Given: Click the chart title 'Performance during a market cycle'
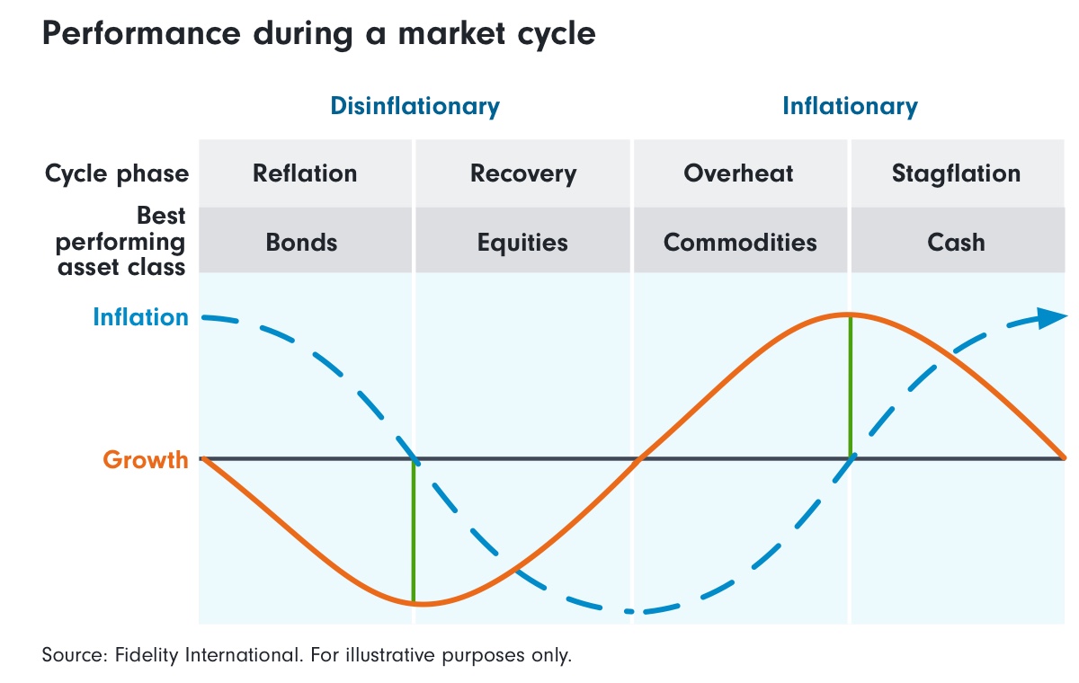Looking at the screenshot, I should click(x=318, y=34).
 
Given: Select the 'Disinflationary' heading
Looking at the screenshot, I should click(x=415, y=106).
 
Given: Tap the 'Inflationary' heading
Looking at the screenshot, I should click(x=850, y=106).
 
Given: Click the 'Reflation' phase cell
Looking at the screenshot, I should click(x=305, y=173).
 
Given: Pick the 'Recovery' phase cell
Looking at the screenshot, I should click(x=523, y=173).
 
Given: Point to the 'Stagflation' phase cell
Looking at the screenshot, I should click(x=956, y=173).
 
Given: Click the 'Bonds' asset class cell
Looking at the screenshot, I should click(x=301, y=242).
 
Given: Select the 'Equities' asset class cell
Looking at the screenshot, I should click(x=523, y=242).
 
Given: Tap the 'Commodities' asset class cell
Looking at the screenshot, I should click(x=740, y=242).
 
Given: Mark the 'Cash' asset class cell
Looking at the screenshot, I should click(x=957, y=242).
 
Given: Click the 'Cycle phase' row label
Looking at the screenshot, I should click(x=117, y=173).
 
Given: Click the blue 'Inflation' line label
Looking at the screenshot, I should click(x=141, y=317).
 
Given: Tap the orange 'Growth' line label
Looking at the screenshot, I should click(x=146, y=460).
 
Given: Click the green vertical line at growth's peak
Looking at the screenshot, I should click(x=850, y=386).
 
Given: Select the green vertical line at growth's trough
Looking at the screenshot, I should click(x=414, y=530).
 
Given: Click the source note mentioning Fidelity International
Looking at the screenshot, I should click(x=307, y=654).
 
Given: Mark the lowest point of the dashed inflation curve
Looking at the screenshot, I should click(x=634, y=611).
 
